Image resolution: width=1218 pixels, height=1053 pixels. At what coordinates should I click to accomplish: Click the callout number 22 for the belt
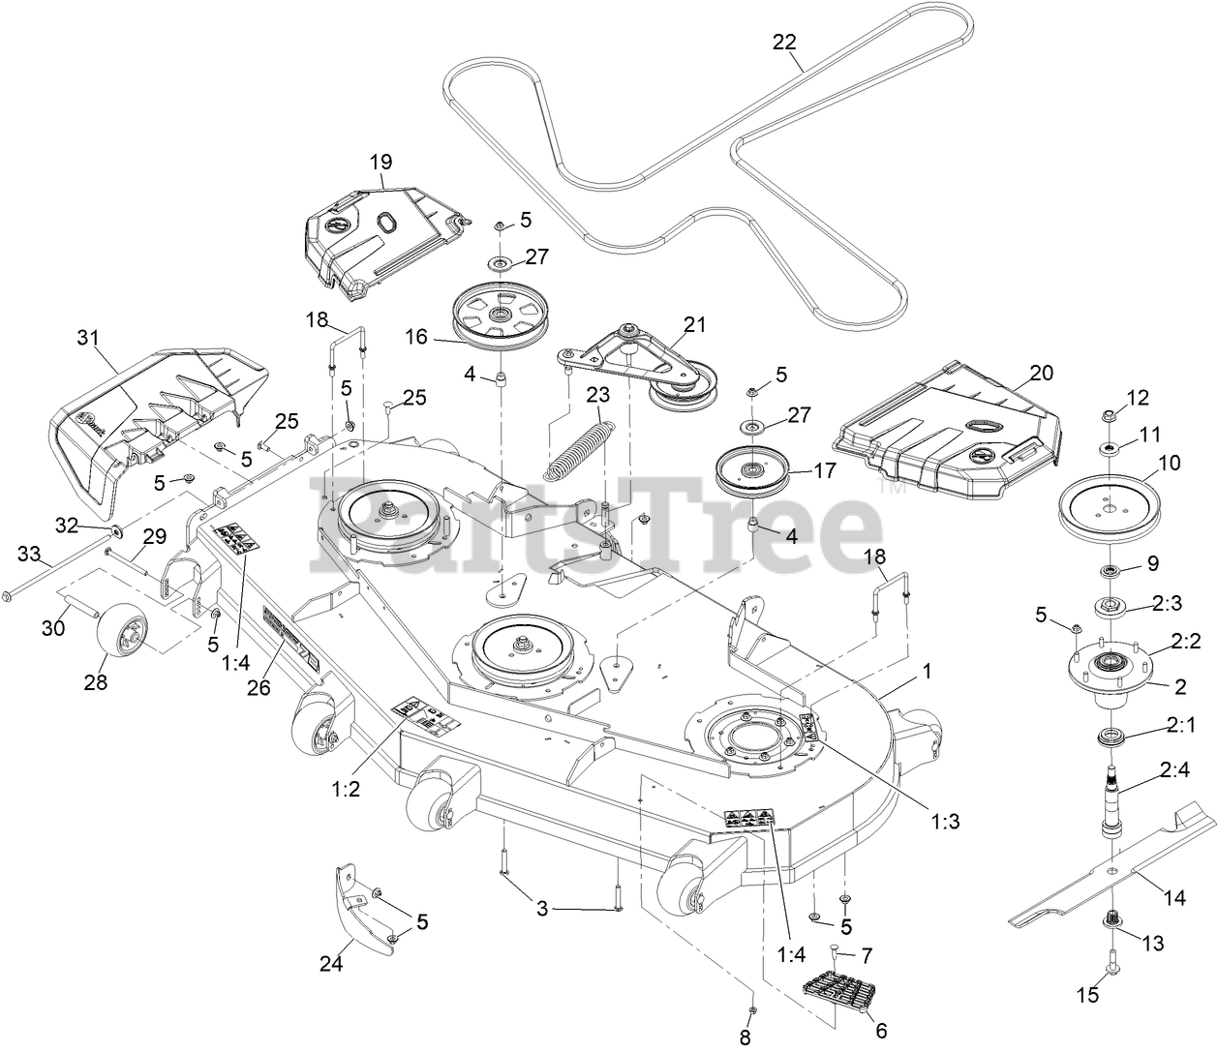tap(784, 42)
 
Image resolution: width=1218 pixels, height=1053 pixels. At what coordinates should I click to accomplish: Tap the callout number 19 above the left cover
tap(380, 162)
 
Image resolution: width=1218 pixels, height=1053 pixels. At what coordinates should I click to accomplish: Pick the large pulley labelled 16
tap(500, 317)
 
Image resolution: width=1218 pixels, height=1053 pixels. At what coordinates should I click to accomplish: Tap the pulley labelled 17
tap(752, 472)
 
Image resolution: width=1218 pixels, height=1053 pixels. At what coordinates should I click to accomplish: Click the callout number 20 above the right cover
tap(1015, 373)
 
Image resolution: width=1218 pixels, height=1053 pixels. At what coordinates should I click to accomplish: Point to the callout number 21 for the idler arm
tap(694, 325)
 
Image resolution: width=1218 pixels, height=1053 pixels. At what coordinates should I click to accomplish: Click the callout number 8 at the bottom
tap(745, 1037)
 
